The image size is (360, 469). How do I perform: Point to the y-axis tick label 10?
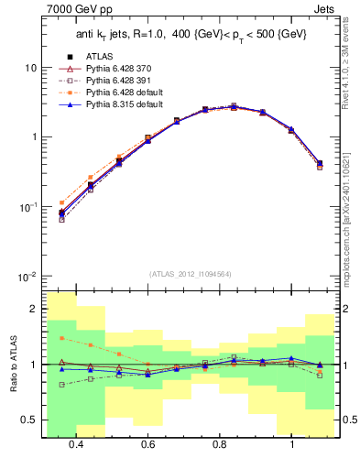tap(31, 69)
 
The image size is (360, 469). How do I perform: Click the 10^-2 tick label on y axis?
tap(27, 276)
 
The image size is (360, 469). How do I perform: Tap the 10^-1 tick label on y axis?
tap(27, 207)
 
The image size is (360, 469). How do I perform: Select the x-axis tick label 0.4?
tap(75, 444)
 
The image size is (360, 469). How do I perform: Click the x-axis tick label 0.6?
tap(147, 444)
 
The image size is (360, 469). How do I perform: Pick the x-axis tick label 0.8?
tap(220, 444)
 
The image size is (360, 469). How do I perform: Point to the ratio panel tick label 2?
tap(34, 310)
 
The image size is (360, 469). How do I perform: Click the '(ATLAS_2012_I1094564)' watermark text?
tap(191, 274)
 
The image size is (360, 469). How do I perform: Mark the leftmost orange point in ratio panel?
tap(61, 338)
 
